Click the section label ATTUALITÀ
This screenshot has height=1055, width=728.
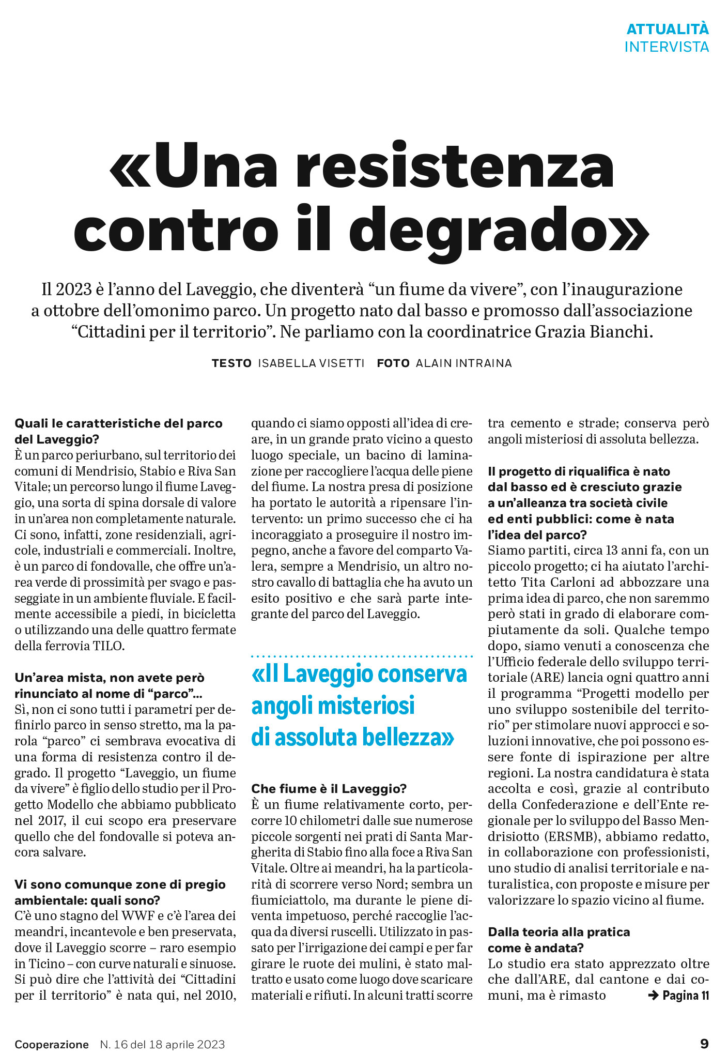(667, 29)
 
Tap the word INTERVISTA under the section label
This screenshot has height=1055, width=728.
(667, 47)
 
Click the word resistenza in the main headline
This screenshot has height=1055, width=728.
(455, 167)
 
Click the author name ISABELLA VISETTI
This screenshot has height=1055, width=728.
(311, 363)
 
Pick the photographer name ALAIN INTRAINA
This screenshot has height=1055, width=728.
(463, 363)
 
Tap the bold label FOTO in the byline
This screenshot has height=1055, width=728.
(393, 363)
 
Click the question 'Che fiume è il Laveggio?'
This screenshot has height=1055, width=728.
(329, 788)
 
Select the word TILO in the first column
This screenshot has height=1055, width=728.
(109, 646)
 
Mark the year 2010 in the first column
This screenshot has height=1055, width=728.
(219, 995)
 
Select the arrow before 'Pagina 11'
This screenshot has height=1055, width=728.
(653, 995)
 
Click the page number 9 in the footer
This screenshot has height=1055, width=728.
(704, 1043)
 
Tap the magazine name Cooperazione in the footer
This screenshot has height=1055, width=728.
(52, 1044)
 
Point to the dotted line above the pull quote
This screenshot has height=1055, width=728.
(362, 656)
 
